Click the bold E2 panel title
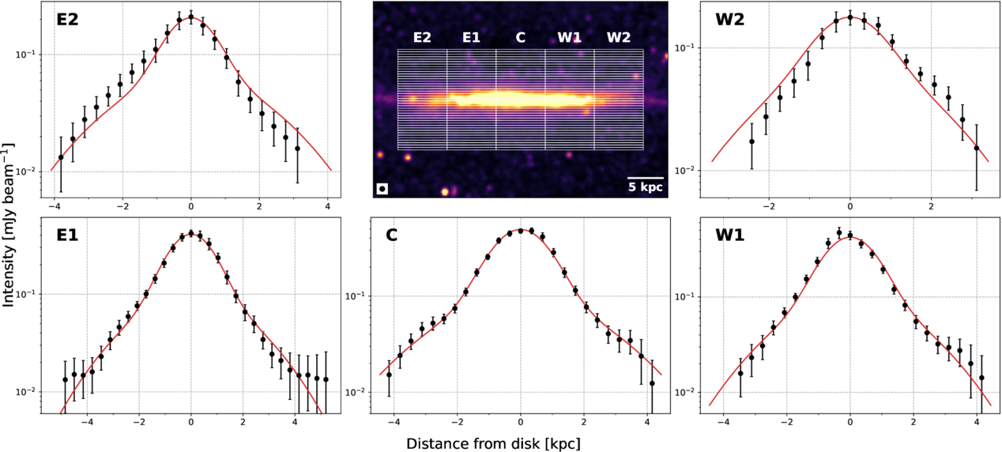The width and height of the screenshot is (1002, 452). pyautogui.click(x=68, y=21)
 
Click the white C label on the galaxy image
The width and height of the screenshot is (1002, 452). pyautogui.click(x=520, y=37)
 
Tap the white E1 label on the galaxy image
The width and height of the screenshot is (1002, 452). pyautogui.click(x=471, y=37)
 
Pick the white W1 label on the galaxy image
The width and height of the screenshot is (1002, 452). pyautogui.click(x=570, y=37)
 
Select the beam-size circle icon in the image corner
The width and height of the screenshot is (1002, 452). pyautogui.click(x=382, y=188)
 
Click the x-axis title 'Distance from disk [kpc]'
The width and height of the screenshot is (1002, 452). pyautogui.click(x=493, y=443)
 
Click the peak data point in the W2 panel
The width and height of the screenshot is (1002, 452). pyautogui.click(x=850, y=17)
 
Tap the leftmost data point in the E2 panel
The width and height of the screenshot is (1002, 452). pyautogui.click(x=61, y=157)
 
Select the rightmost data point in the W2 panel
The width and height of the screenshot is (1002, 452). pyautogui.click(x=977, y=148)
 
